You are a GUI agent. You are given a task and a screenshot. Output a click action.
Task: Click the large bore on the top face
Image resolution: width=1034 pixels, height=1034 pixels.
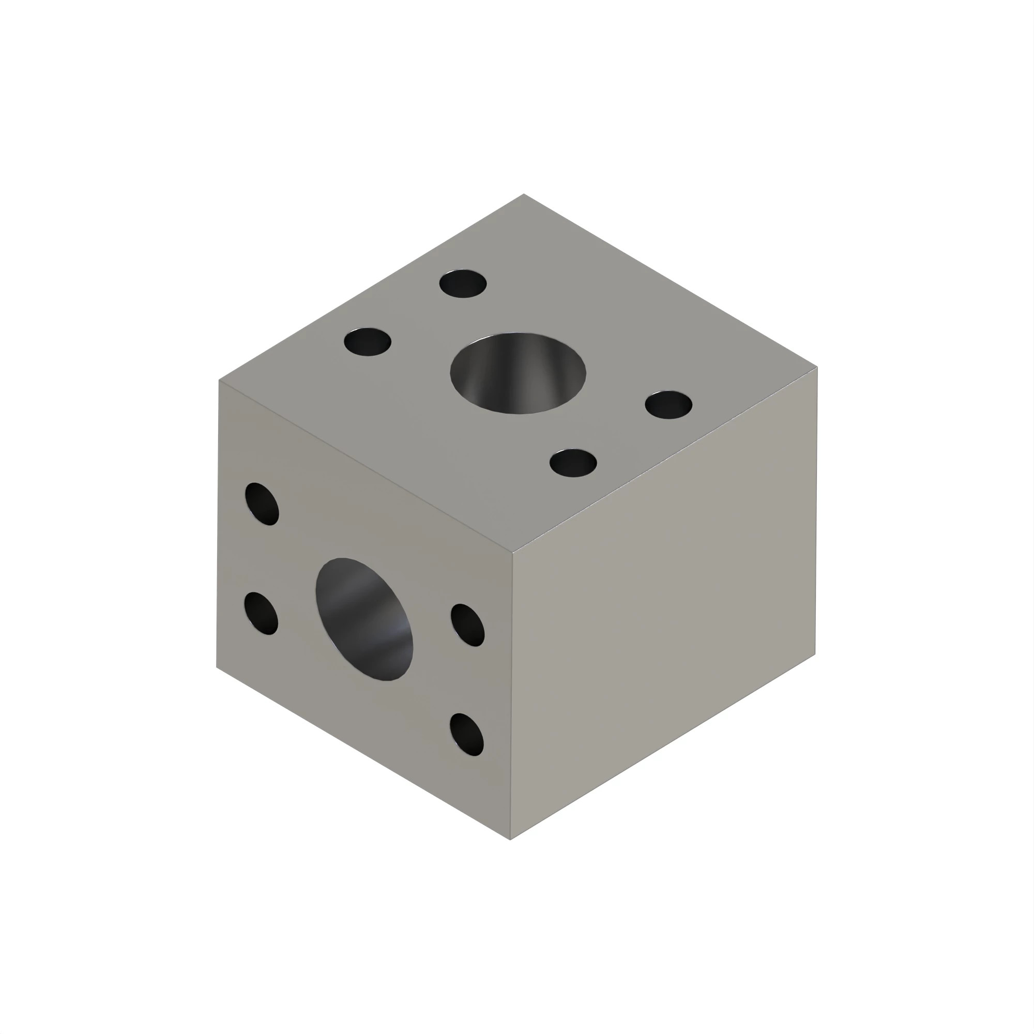(x=518, y=373)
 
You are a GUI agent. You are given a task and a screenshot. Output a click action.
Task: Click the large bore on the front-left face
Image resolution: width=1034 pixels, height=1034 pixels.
(x=364, y=619)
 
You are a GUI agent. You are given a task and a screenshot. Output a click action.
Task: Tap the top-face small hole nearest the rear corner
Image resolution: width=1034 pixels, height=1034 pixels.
(x=463, y=284)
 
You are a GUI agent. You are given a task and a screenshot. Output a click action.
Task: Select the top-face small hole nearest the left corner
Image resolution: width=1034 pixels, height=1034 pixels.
(x=368, y=342)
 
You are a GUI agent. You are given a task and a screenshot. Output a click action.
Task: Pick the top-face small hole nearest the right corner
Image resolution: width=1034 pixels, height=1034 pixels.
(x=668, y=405)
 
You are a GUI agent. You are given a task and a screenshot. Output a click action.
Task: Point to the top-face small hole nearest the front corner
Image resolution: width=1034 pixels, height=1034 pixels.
(x=573, y=463)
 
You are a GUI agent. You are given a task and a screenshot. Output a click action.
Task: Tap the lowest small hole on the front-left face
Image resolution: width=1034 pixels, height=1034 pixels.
(x=467, y=734)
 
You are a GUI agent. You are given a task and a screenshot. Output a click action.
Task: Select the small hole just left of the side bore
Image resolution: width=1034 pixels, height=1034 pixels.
(x=261, y=613)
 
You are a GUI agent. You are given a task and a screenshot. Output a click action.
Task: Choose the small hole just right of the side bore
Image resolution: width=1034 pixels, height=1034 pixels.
(x=468, y=625)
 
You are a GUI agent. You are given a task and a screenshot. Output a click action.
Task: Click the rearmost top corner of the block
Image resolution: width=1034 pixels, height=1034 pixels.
(x=523, y=194)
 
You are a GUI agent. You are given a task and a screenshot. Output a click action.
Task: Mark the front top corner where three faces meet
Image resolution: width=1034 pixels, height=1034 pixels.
(x=513, y=552)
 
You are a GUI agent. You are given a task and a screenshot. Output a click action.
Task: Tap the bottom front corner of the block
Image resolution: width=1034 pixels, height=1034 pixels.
(x=511, y=839)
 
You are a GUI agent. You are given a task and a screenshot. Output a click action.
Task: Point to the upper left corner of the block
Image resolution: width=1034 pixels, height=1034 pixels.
(x=219, y=381)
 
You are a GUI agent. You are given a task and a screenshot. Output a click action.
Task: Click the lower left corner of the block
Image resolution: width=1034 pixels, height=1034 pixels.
(x=217, y=667)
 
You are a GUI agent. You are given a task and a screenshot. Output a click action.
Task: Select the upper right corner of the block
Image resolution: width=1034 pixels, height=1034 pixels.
(x=817, y=368)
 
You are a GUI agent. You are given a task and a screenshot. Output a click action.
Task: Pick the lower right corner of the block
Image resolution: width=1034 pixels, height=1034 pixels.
(x=815, y=654)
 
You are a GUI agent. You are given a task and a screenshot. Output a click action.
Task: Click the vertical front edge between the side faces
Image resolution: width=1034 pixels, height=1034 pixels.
(x=512, y=696)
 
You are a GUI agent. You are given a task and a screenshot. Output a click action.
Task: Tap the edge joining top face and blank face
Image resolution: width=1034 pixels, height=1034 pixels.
(x=665, y=460)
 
